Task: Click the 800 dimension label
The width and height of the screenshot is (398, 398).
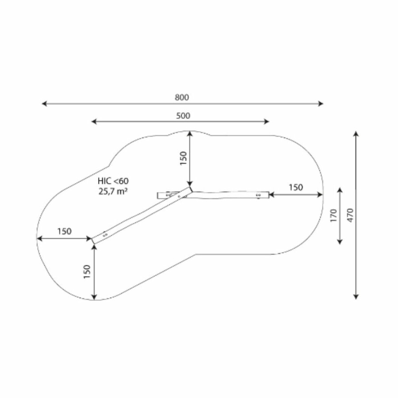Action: click(x=182, y=97)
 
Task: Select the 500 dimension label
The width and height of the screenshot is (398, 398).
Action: click(x=183, y=116)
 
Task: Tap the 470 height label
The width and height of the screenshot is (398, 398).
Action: click(x=350, y=215)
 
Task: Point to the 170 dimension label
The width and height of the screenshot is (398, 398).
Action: click(x=333, y=215)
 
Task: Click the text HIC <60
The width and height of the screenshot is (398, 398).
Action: click(x=113, y=181)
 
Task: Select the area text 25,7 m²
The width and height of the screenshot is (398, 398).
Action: click(x=113, y=191)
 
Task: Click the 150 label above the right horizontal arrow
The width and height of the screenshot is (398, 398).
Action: click(x=296, y=188)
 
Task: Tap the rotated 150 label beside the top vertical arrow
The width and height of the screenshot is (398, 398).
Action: click(x=183, y=158)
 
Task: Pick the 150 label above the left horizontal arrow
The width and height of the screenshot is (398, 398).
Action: click(x=64, y=231)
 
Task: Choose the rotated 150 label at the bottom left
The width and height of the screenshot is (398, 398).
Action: click(x=87, y=272)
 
